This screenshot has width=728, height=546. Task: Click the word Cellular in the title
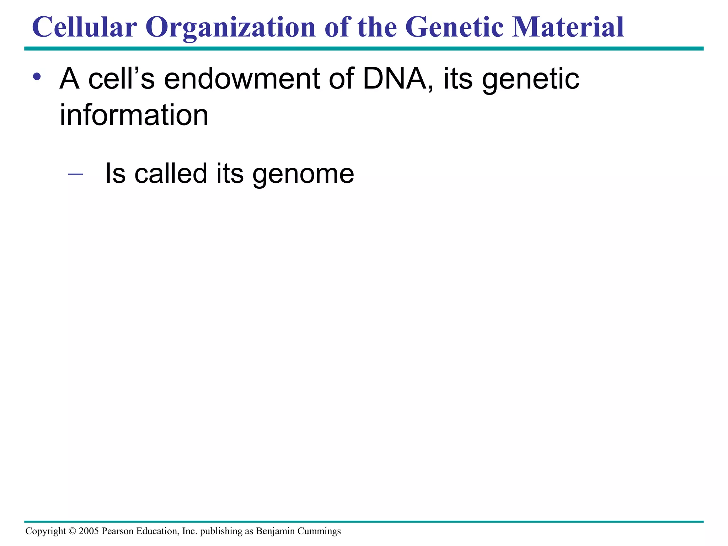pyautogui.click(x=84, y=27)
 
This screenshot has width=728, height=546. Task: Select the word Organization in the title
pyautogui.click(x=230, y=28)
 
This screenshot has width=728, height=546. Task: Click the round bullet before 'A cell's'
pyautogui.click(x=37, y=76)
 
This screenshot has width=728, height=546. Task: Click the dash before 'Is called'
pyautogui.click(x=75, y=174)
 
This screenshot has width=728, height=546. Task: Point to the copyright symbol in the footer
pyautogui.click(x=72, y=531)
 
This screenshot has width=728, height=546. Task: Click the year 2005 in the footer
pyautogui.click(x=89, y=531)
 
